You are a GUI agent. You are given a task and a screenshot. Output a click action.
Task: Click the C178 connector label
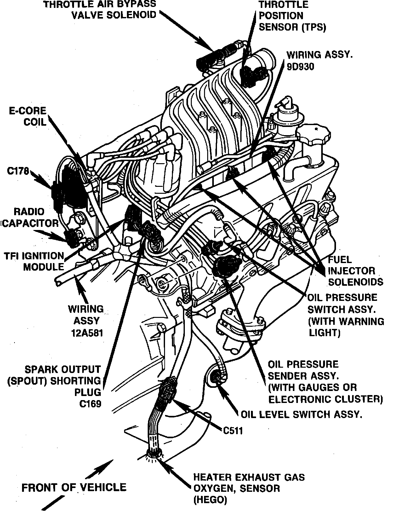[x=18, y=171]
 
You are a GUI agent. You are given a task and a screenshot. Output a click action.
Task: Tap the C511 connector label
[x=233, y=430]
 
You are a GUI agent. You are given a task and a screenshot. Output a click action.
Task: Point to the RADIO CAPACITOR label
[x=30, y=217]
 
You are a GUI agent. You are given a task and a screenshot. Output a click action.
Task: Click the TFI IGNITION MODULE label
[x=34, y=261]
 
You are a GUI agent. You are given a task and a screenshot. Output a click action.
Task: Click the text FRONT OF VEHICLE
[x=74, y=488]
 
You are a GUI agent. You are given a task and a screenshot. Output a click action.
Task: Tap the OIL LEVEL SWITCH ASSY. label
[x=301, y=414]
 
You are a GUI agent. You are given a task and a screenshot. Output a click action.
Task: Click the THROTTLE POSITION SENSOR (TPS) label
[x=292, y=16]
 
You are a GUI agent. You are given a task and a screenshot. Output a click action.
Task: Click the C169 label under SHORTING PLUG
[x=90, y=404]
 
